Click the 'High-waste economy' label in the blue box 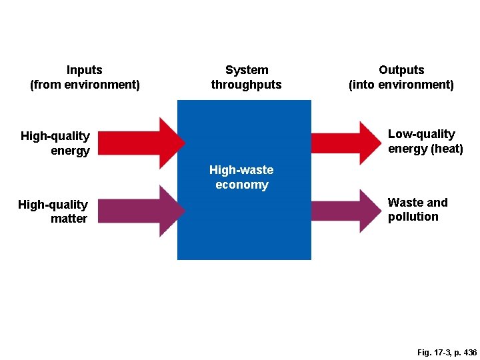pos(241,177)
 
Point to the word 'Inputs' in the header pos(85,70)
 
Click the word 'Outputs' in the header pos(401,70)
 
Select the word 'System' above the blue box pos(247,70)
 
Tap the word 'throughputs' pos(247,85)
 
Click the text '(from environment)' pos(85,85)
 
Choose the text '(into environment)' pos(401,85)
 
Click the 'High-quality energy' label pos(56,143)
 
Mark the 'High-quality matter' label pos(53,211)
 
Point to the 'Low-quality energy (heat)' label pos(425,141)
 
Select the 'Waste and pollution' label pos(417,209)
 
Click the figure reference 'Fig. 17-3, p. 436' pos(447,352)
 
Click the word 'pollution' pos(413,217)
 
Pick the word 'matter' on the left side pos(69,219)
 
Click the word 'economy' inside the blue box pos(241,185)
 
